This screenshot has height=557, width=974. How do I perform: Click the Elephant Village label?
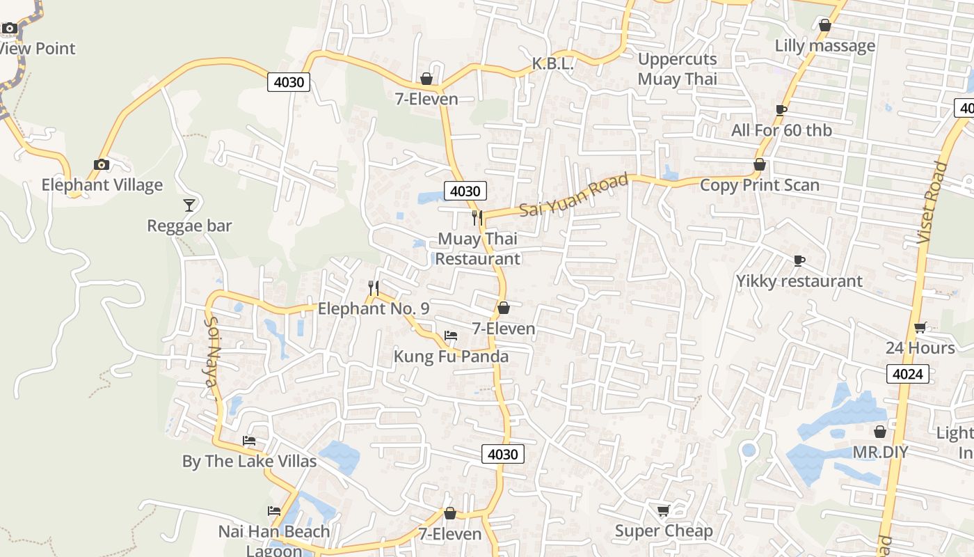click(x=102, y=185)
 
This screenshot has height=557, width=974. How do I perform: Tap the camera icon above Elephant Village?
click(x=102, y=165)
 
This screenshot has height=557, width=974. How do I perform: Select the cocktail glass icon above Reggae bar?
click(x=189, y=205)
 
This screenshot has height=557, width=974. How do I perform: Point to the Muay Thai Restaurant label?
click(x=478, y=249)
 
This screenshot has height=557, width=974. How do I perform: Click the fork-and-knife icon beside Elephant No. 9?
click(x=374, y=288)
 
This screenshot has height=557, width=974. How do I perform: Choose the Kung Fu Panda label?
click(x=451, y=356)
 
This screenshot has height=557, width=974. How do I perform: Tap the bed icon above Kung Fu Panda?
click(x=451, y=336)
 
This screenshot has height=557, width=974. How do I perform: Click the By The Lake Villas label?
click(x=249, y=462)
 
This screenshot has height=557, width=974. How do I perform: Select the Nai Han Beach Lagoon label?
click(x=274, y=540)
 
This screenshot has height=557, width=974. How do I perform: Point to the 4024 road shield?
click(x=908, y=374)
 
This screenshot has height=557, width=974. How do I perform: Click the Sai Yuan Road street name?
click(x=574, y=195)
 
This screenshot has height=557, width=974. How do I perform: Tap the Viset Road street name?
click(x=933, y=202)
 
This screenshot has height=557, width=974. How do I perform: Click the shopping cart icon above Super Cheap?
click(x=663, y=511)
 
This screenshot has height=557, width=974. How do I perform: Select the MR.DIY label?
click(x=880, y=453)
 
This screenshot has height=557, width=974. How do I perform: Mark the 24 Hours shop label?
click(x=920, y=348)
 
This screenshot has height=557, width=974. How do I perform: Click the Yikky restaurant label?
click(x=799, y=281)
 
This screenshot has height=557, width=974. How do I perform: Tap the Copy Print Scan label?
click(x=759, y=185)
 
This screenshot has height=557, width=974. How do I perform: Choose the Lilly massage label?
click(x=825, y=46)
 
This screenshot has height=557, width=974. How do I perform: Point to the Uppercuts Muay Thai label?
click(x=677, y=69)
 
